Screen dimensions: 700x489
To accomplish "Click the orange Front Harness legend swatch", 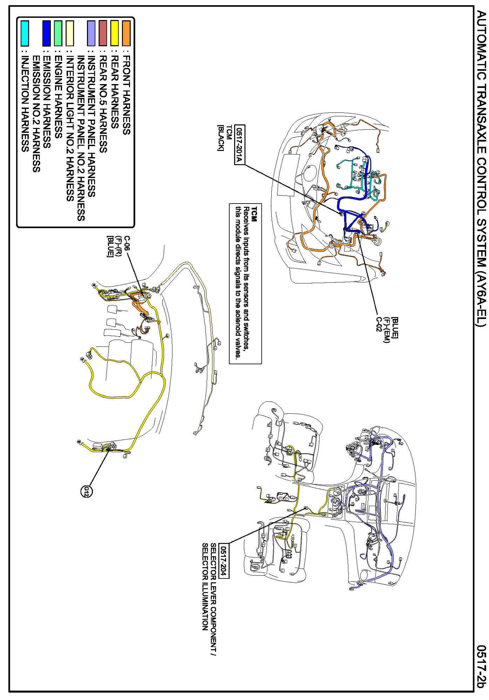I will pos(126,33).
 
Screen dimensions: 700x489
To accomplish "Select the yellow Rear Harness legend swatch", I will pos(115,33).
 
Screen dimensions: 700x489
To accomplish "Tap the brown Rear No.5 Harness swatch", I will pos(103,33).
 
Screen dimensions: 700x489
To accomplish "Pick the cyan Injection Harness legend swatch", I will pos(25,33).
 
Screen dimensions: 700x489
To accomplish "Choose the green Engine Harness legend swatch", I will pos(58,33).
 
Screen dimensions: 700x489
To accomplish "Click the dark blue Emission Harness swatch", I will pos(46,33).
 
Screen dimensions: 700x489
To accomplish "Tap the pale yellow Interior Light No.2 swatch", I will pos(70,33).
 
